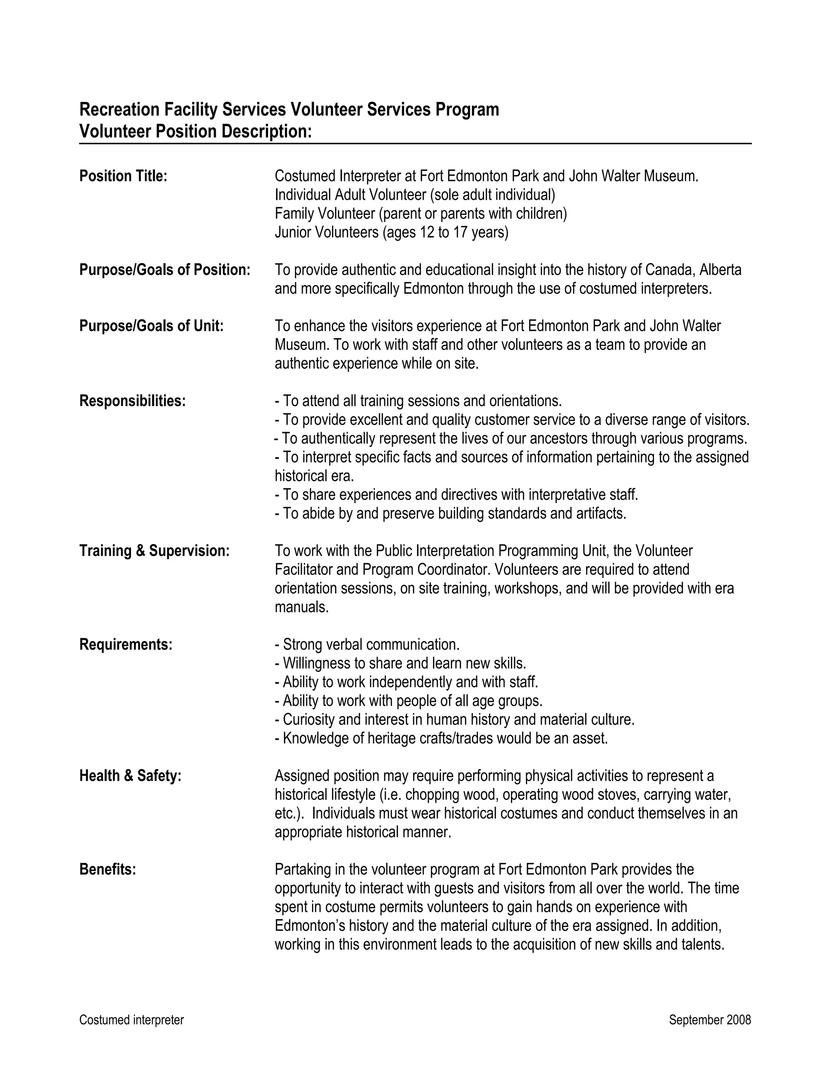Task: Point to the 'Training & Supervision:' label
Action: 154,551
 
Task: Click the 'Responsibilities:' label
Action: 132,401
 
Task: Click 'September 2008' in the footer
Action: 709,1020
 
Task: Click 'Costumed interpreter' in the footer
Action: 131,1020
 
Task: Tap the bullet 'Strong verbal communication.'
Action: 367,644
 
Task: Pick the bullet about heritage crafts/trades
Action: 441,739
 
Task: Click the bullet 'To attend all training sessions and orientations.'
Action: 418,401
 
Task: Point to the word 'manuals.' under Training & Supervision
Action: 301,607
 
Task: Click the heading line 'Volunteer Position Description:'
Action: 196,132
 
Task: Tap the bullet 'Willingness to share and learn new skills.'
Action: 400,663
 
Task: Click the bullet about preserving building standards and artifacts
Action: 450,514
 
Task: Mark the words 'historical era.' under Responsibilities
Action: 314,476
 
